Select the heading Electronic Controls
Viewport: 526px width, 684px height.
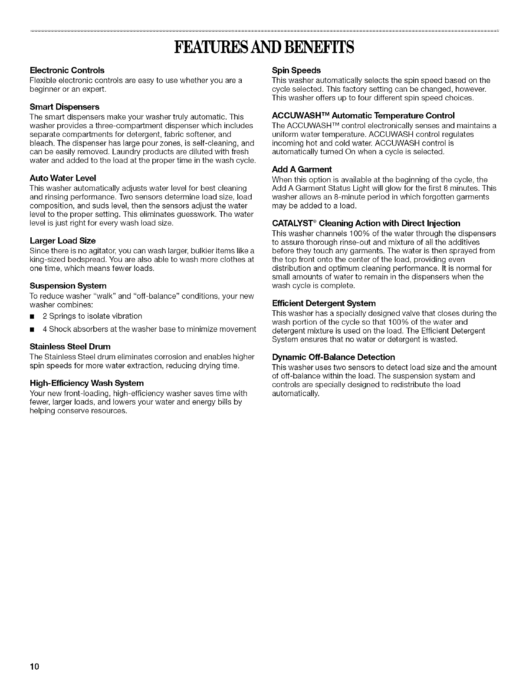point(67,70)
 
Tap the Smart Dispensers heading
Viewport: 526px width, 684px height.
point(64,107)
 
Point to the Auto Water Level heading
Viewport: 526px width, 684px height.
point(62,178)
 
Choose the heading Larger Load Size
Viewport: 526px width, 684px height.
point(62,241)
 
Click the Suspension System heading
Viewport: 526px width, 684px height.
point(68,286)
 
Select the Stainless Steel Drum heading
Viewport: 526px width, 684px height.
point(70,347)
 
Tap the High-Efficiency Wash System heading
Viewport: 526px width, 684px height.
point(86,383)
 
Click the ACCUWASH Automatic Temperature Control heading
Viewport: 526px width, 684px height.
point(363,116)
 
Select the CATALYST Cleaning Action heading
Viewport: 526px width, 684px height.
point(366,223)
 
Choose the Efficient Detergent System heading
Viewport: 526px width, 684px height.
point(323,303)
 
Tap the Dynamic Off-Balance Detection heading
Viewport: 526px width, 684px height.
point(333,357)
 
